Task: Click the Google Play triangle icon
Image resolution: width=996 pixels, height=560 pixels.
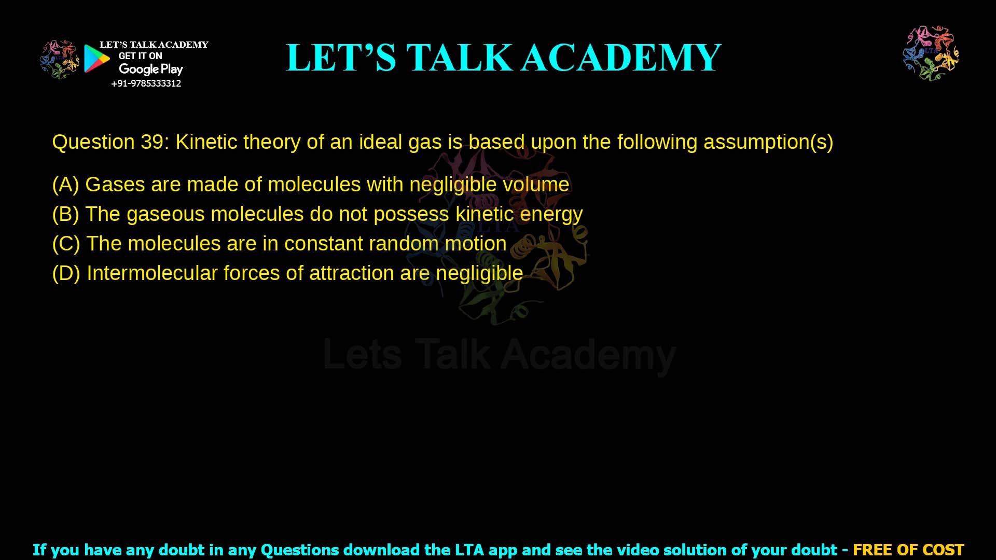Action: click(x=96, y=59)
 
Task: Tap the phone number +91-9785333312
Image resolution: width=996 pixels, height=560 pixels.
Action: click(x=146, y=83)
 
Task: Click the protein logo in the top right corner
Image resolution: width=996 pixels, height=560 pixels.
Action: click(x=931, y=53)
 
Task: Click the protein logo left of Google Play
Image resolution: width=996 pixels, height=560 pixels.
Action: click(x=59, y=59)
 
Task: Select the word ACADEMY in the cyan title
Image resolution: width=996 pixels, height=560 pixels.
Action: click(x=621, y=58)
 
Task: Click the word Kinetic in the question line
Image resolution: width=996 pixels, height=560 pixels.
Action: click(x=206, y=142)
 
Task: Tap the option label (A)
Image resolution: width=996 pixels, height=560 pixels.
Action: click(x=65, y=185)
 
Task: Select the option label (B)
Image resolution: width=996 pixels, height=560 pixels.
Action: click(x=65, y=214)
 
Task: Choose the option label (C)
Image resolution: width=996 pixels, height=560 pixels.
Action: click(x=66, y=244)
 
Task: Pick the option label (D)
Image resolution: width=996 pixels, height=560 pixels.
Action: click(x=66, y=273)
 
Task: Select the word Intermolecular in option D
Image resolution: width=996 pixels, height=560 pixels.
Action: click(x=152, y=273)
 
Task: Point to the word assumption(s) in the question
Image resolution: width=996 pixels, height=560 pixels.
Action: click(x=768, y=142)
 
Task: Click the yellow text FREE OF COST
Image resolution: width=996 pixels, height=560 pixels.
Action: click(x=908, y=550)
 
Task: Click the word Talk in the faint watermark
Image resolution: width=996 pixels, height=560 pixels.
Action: click(x=452, y=355)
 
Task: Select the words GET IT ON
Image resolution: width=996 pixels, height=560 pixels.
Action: click(x=140, y=56)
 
